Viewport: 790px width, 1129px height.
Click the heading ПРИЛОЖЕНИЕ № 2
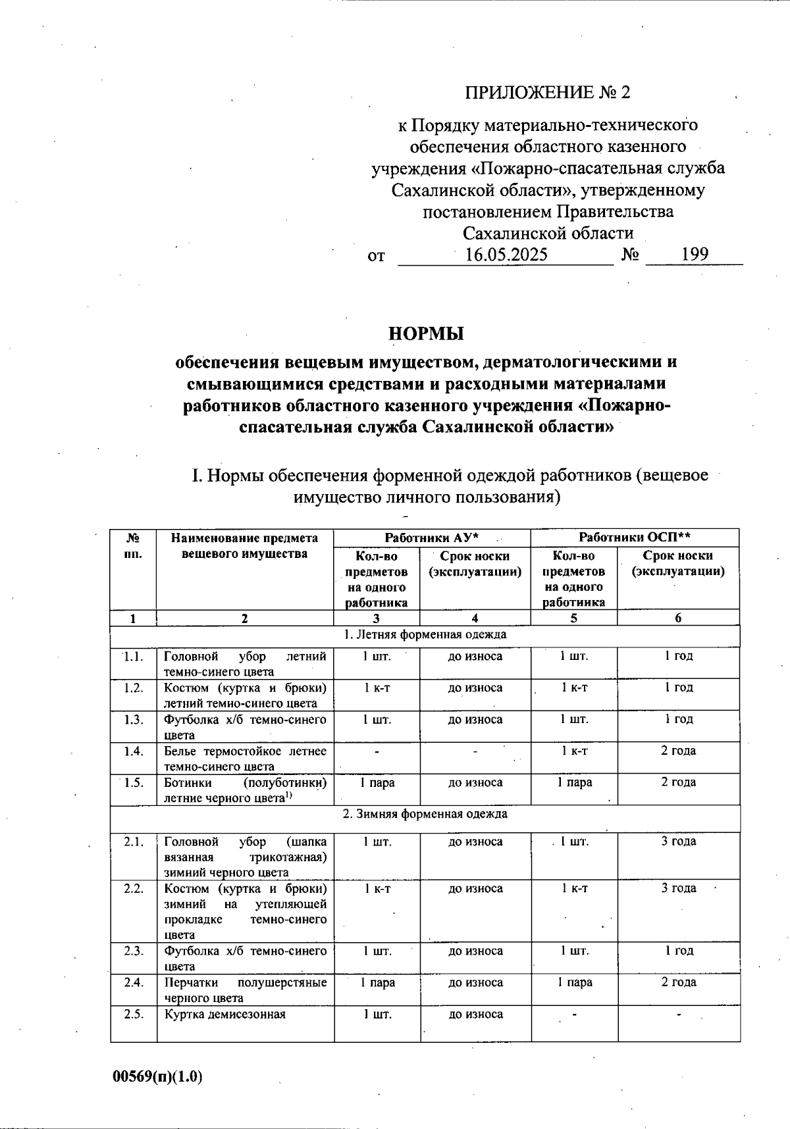[548, 92]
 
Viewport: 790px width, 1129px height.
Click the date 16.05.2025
[506, 255]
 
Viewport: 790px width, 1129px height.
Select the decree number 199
[695, 254]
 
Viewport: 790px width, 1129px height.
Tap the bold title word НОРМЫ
[426, 334]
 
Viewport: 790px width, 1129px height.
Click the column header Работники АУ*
[431, 538]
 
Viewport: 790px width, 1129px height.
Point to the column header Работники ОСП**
[635, 537]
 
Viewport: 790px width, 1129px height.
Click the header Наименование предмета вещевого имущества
[244, 545]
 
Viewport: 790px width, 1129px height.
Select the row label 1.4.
[134, 751]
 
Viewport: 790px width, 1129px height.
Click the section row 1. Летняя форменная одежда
[425, 635]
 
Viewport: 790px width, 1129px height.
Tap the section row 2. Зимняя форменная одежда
[425, 814]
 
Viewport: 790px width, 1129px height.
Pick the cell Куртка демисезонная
[224, 1014]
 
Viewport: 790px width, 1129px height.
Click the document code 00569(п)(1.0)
[157, 1077]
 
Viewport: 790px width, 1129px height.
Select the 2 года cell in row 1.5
[678, 782]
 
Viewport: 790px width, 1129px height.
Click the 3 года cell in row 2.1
[678, 841]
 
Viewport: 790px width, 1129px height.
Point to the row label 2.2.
[134, 888]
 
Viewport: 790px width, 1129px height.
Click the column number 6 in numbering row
[678, 618]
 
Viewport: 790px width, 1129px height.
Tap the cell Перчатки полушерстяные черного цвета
[245, 990]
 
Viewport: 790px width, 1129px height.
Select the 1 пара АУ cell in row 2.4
[377, 982]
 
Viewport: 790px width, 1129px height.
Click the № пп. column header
[133, 545]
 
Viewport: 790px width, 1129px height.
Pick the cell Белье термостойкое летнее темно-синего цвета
[245, 758]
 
